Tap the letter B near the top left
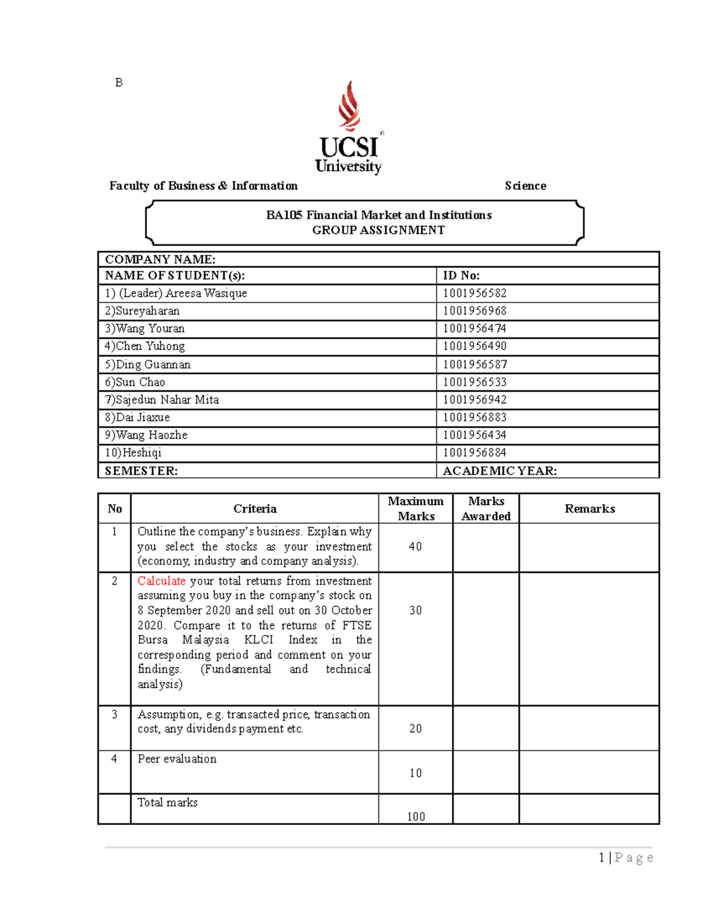tap(119, 83)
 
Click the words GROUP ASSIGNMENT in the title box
tap(378, 230)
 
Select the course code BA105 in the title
tap(284, 215)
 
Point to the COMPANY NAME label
tap(160, 259)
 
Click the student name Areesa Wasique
tap(206, 293)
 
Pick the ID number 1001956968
tap(475, 311)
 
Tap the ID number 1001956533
tap(475, 382)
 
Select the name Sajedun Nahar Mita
tap(167, 400)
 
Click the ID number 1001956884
tap(475, 453)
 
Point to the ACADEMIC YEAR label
tap(500, 471)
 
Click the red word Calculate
tap(162, 581)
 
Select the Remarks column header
tap(589, 509)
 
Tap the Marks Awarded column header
tap(486, 509)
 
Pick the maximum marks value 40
tap(415, 546)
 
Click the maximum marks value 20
tap(415, 729)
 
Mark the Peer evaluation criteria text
tap(177, 759)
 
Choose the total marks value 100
tap(416, 817)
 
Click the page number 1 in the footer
tap(602, 857)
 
